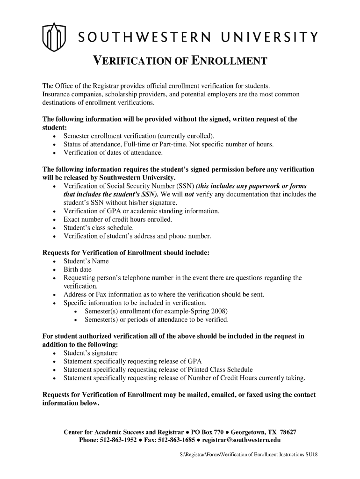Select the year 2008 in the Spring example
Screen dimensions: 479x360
pos(220,312)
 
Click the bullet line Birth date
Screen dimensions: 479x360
pos(78,270)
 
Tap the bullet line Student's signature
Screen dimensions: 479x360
pos(91,353)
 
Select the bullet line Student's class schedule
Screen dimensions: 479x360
pos(92,228)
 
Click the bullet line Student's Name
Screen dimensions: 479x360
pos(86,261)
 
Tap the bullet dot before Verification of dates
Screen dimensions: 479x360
pos(55,153)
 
